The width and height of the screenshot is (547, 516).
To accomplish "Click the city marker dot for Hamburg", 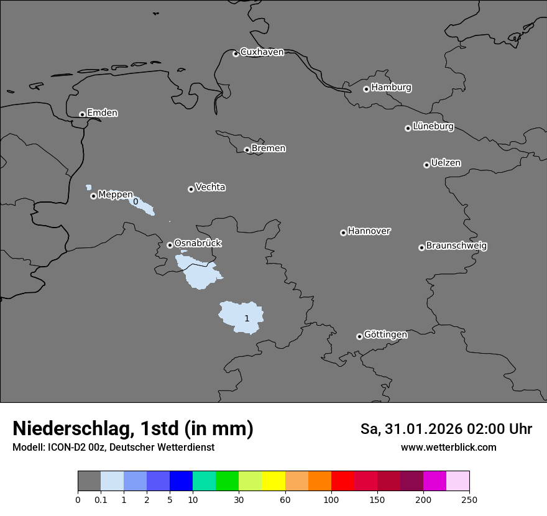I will [366, 89].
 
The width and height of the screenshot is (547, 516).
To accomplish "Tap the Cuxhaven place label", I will [262, 52].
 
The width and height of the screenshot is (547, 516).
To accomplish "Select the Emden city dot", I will [82, 114].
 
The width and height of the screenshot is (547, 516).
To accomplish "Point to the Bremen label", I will [269, 149].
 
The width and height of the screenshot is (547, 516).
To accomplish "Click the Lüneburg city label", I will [433, 127].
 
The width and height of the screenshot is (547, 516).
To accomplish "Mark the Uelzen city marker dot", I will [426, 165].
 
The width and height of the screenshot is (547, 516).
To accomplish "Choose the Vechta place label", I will [210, 187].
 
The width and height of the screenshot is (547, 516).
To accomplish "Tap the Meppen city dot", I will [93, 196].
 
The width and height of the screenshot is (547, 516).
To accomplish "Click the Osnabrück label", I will [198, 243].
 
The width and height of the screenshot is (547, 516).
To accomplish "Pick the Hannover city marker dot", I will [343, 233].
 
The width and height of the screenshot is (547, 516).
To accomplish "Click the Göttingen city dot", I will [359, 336].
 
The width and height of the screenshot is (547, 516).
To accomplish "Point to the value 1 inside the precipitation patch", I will [247, 318].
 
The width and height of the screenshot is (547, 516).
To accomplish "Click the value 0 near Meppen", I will [136, 201].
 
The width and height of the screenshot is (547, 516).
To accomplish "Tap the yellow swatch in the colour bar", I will [273, 481].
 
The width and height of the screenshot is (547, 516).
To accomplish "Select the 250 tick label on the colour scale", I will [469, 500].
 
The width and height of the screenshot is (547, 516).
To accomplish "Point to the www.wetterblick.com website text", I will [448, 448].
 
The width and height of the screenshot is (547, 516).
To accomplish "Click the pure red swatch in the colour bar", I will [342, 481].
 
